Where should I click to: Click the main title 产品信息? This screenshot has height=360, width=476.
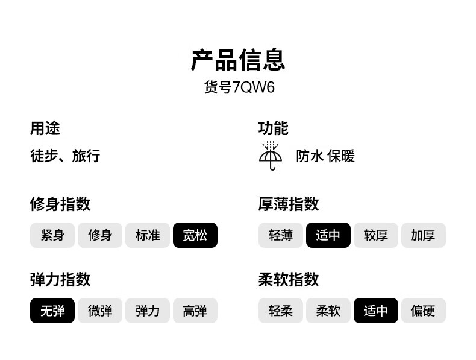pos(239,60)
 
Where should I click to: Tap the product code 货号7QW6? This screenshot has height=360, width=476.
pos(239,87)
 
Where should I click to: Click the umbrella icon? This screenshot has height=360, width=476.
pos(271,156)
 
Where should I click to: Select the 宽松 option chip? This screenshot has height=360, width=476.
pos(195,235)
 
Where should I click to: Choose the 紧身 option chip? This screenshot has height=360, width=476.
pos(52,235)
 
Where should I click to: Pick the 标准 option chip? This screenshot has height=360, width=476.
pos(148,235)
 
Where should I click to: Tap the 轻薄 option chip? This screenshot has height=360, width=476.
pos(281,235)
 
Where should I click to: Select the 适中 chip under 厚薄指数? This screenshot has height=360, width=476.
pos(328,235)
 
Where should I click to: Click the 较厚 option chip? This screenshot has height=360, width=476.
pos(376,235)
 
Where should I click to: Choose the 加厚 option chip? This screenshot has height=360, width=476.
pos(424,235)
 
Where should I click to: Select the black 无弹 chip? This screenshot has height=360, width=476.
pos(52,311)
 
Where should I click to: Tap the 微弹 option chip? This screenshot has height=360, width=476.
pos(100,311)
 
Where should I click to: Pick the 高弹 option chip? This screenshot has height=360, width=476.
pos(195,311)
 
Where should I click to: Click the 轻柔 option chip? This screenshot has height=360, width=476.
pos(281,311)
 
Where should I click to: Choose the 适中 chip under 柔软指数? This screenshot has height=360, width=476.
pos(376,311)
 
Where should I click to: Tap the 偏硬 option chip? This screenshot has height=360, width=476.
pos(424,311)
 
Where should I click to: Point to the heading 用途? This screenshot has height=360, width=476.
pos(45,128)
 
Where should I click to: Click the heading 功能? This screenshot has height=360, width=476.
pos(273,128)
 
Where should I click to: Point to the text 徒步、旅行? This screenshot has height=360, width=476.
pos(65,156)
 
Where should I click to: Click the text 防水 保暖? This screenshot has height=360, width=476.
pos(325,156)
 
